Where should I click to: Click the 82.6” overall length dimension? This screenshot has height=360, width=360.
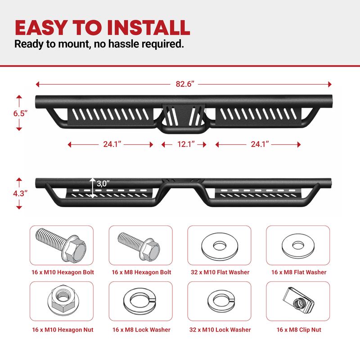click(x=185, y=84)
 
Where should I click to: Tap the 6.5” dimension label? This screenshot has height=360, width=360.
click(x=20, y=113)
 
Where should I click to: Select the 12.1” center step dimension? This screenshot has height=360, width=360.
click(x=186, y=144)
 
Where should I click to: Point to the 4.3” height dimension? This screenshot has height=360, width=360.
click(x=20, y=193)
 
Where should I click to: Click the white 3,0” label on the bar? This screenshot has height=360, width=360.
click(x=103, y=184)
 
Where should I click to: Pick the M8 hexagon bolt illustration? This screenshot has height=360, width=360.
click(x=139, y=246)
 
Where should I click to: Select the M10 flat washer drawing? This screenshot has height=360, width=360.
click(x=220, y=247)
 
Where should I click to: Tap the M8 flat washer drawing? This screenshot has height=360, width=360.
click(x=298, y=246)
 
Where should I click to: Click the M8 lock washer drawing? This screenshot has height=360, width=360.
click(x=139, y=301)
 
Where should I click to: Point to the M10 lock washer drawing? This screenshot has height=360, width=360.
click(x=221, y=300)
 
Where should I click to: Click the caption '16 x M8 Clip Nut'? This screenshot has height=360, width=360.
click(x=299, y=330)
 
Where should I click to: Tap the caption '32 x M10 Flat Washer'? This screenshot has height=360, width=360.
click(x=220, y=272)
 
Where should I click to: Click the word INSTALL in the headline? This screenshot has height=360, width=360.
click(x=148, y=28)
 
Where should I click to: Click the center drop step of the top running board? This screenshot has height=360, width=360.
click(x=184, y=118)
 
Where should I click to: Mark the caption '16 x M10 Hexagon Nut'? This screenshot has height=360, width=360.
click(x=63, y=330)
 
